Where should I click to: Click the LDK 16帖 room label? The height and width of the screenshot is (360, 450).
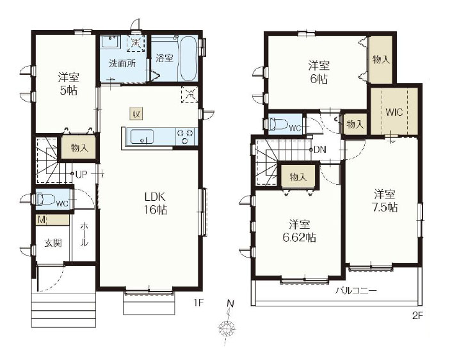pos(156,203)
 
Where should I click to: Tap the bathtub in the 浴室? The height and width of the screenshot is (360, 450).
pos(188,59)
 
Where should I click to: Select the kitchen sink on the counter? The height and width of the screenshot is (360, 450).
pos(142,137)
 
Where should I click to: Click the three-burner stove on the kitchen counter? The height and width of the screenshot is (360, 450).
pos(185,136)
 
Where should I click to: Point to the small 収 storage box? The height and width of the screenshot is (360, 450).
pos(136,114)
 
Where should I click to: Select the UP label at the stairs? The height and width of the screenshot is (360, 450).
pos(81,174)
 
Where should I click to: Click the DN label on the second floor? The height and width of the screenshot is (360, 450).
pos(320,150)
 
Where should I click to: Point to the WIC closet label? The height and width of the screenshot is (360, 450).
pos(394,112)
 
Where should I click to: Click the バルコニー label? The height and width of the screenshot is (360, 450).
pos(356,291)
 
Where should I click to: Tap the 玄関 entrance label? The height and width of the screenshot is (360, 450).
pos(53,243)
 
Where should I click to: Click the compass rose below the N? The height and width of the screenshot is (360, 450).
pos(227,327)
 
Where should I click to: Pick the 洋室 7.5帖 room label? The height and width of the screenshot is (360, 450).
pos(385,201)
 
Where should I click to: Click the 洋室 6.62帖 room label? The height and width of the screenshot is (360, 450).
pos(300,231)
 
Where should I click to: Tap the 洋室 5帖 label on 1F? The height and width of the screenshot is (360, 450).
pos(68,84)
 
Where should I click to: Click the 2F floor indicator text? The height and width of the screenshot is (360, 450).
pos(418,316)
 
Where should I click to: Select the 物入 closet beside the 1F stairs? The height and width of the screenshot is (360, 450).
pos(79,148)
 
